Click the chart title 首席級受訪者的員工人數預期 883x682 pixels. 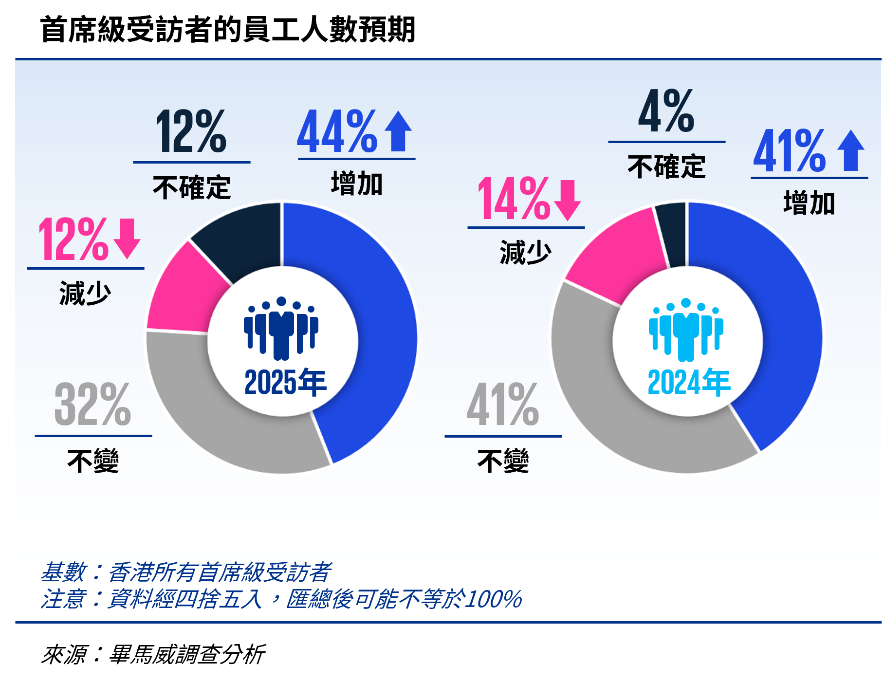[x=227, y=29]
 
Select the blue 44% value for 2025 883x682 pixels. [x=337, y=131]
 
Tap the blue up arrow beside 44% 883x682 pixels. [x=398, y=131]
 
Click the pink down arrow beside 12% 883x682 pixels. [x=127, y=239]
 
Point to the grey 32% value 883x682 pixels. [x=92, y=404]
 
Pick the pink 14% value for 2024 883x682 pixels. [x=514, y=199]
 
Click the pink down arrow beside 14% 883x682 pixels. [x=568, y=200]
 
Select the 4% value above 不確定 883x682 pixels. [x=666, y=112]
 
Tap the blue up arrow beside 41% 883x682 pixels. [x=851, y=150]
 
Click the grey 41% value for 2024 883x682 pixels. [x=503, y=404]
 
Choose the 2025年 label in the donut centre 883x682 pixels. [x=285, y=383]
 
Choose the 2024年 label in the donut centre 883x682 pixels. [x=689, y=383]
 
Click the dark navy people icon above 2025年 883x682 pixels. [x=281, y=328]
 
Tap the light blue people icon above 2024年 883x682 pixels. [x=686, y=330]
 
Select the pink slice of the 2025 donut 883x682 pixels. [x=183, y=292]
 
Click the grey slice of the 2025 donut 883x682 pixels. [x=219, y=419]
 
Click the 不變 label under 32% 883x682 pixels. [x=93, y=461]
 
